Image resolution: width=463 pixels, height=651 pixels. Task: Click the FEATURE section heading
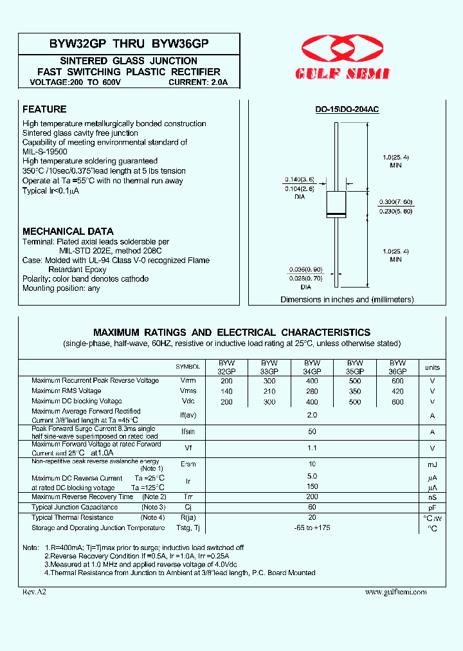click(x=44, y=109)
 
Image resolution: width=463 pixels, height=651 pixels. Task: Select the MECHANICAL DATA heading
click(x=68, y=231)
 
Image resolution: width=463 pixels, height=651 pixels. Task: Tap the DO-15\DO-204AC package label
click(x=347, y=110)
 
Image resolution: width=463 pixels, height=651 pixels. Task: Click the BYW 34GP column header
click(x=312, y=367)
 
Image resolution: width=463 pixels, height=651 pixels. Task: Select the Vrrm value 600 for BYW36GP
click(x=397, y=381)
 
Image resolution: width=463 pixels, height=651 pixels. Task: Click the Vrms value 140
click(x=226, y=391)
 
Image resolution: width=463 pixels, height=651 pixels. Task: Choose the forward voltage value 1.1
click(x=312, y=448)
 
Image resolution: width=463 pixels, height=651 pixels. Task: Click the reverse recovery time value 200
click(x=312, y=497)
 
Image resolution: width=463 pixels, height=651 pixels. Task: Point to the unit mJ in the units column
click(x=432, y=464)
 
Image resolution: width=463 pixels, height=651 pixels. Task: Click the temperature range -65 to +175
click(x=312, y=528)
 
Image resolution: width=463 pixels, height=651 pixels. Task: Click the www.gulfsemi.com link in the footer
click(x=395, y=592)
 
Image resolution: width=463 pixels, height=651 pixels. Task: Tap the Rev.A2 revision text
click(x=35, y=592)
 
